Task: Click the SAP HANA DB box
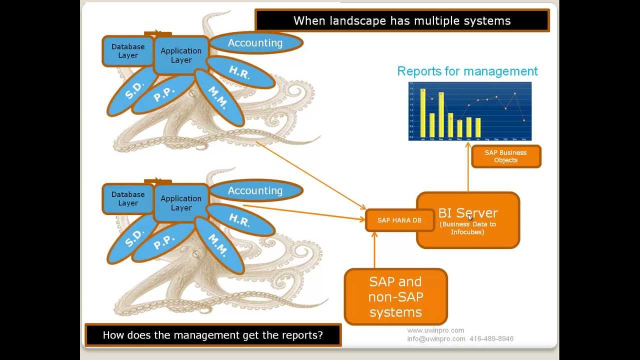[399, 220]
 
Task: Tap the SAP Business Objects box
[505, 156]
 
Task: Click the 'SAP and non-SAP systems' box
[395, 297]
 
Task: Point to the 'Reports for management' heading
[467, 71]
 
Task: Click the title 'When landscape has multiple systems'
[401, 20]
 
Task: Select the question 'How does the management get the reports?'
[212, 335]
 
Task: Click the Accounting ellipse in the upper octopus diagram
[255, 43]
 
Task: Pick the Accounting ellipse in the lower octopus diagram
[255, 190]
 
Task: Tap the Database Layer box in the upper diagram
[127, 51]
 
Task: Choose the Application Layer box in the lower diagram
[180, 203]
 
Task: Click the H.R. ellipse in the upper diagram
[240, 73]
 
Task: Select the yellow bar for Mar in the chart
[441, 115]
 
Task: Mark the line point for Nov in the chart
[514, 93]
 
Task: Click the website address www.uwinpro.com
[435, 330]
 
